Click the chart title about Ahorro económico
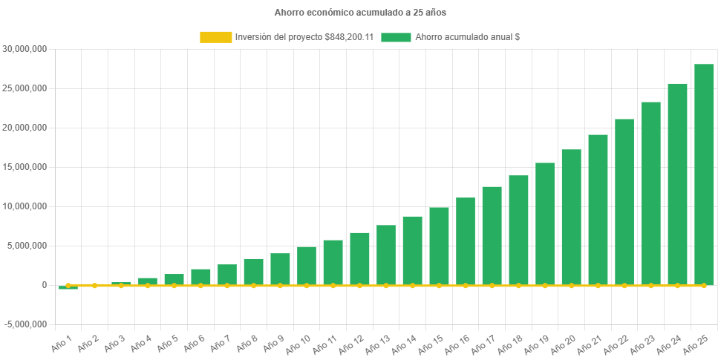coord(360,13)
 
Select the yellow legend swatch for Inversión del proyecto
coord(215,37)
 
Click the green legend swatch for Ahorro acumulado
coord(396,37)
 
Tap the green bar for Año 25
coord(704,174)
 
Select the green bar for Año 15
coord(439,246)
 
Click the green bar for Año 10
coord(307,265)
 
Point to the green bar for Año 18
coord(518,230)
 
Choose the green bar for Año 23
coord(650,193)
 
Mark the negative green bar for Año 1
coord(68,287)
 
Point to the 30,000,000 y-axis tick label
coord(25,49)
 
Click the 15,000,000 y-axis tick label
coord(25,167)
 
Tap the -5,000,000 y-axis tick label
coord(25,324)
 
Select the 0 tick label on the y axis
coord(45,285)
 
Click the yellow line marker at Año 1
coord(68,285)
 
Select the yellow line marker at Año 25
coord(704,285)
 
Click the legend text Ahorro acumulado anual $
coord(467,37)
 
